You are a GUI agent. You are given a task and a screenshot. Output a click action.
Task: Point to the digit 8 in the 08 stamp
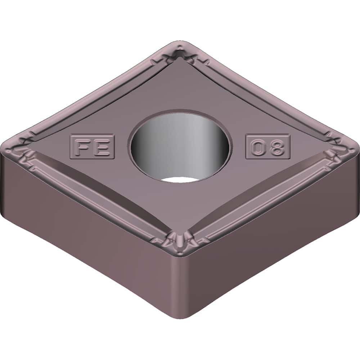pyautogui.click(x=276, y=147)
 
